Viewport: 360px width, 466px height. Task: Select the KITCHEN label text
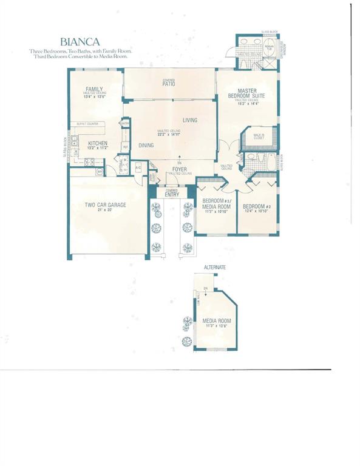(x=97, y=143)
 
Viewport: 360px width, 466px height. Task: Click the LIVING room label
(x=190, y=120)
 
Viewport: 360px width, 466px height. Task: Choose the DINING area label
(x=146, y=146)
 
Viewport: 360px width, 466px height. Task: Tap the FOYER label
(x=179, y=169)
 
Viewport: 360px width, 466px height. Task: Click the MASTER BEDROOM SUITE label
(x=246, y=94)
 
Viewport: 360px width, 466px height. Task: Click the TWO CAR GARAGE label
(x=105, y=205)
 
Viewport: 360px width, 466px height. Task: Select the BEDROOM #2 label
(x=256, y=206)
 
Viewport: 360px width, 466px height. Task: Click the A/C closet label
(x=138, y=167)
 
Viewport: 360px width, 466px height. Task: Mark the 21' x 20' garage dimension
(x=105, y=211)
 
